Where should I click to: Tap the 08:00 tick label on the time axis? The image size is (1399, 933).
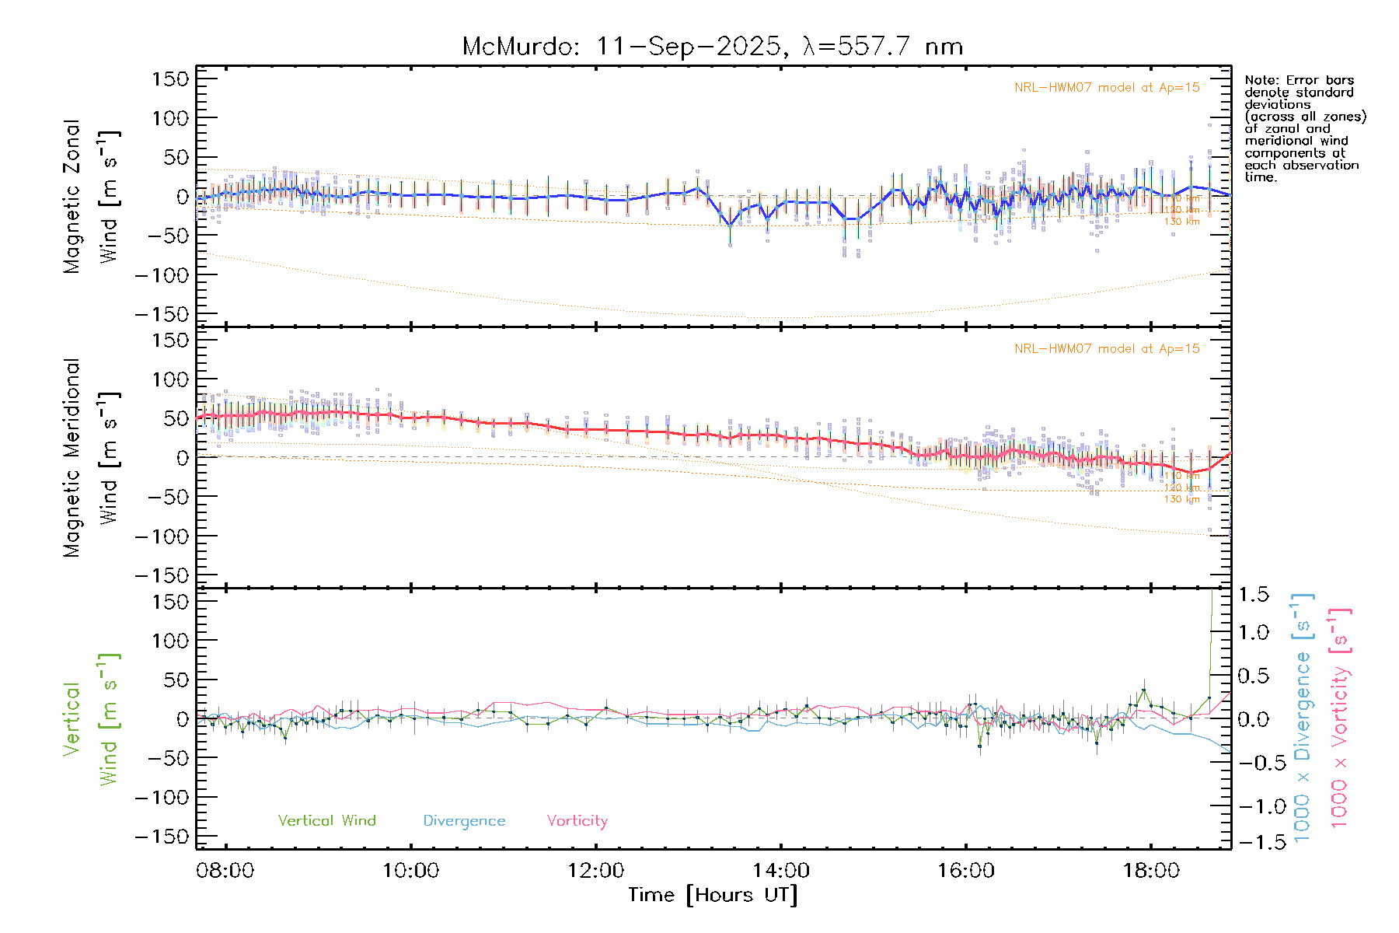(225, 871)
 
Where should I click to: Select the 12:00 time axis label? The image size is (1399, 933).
(595, 871)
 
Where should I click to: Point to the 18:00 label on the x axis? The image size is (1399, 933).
(1150, 871)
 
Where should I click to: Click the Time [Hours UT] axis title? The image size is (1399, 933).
(713, 895)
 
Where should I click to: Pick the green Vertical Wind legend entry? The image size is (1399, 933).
(326, 821)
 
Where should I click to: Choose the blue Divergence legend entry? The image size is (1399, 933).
(464, 821)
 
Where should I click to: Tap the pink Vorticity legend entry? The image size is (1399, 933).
(577, 821)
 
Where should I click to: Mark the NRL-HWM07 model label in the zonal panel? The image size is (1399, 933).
(1107, 88)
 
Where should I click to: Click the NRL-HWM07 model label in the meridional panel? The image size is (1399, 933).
(1107, 349)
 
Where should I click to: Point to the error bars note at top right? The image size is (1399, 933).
(1304, 128)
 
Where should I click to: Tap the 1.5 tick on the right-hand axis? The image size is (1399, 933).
(1254, 595)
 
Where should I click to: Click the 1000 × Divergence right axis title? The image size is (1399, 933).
(1303, 718)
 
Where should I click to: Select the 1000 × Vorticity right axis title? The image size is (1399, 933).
(1340, 718)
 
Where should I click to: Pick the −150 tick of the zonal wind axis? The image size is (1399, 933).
(162, 314)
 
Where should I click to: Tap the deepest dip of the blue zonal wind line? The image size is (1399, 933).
(730, 225)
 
